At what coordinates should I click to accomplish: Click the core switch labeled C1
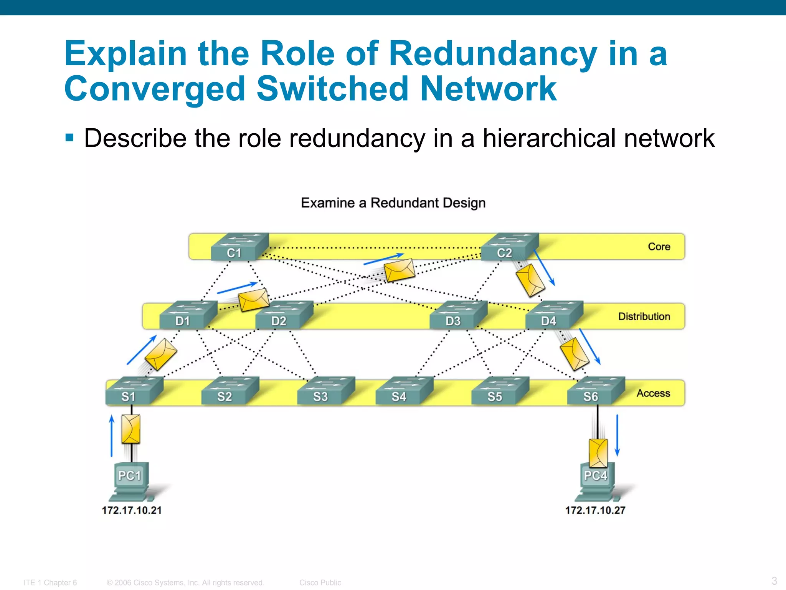coord(239,247)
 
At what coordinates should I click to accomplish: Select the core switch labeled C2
coord(510,247)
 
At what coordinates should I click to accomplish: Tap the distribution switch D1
coord(188,315)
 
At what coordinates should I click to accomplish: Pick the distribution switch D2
coord(284,315)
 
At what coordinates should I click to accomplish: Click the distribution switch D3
coord(458,315)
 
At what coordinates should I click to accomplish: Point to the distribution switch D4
coord(554,315)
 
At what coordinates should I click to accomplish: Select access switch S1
coord(134,391)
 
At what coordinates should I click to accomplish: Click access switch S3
coord(326,391)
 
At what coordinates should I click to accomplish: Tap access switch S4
coord(404,391)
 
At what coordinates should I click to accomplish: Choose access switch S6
coord(596,391)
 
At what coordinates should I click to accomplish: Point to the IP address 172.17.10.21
coord(132,510)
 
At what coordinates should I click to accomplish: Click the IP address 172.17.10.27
coord(595,510)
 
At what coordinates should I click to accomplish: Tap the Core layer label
coord(659,247)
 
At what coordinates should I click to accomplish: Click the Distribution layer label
coord(644,317)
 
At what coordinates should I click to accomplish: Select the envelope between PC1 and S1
coord(131,429)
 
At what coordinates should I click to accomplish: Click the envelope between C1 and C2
coord(400,270)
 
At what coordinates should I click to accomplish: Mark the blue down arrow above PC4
coord(617,435)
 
